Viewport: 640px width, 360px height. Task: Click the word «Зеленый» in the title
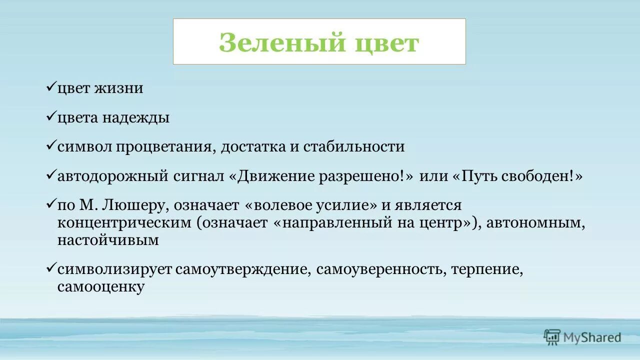[x=282, y=42]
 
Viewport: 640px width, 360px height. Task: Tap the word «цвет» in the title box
[x=386, y=42]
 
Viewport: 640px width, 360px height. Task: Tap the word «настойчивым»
[x=108, y=240]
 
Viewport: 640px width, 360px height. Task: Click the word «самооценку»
[x=101, y=287]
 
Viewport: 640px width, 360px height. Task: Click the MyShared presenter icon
[x=552, y=337]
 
